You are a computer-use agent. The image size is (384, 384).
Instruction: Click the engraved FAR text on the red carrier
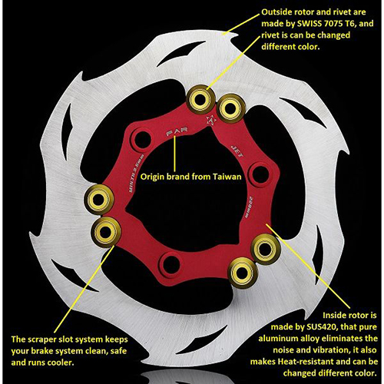coord(175,132)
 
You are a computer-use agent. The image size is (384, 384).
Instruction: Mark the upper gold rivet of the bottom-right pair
coord(266,247)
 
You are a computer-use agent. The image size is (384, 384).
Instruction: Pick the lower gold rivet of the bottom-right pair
coord(242,272)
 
